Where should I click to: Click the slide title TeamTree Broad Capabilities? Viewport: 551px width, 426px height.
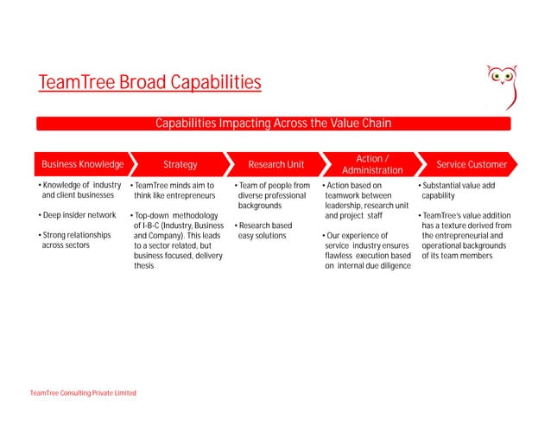pyautogui.click(x=149, y=83)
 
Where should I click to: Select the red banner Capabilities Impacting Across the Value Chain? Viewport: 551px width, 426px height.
pyautogui.click(x=273, y=124)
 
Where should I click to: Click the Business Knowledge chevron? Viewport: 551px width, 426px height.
pyautogui.click(x=83, y=164)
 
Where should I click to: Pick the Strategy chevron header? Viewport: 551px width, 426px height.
pyautogui.click(x=180, y=164)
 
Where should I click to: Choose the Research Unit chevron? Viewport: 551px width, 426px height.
pyautogui.click(x=275, y=164)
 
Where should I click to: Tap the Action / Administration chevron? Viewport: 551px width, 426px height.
pyautogui.click(x=371, y=164)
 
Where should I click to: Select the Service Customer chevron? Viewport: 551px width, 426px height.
pyautogui.click(x=471, y=164)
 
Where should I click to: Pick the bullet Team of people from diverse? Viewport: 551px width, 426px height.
pyautogui.click(x=273, y=195)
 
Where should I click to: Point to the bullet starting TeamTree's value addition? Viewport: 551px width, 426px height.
pyautogui.click(x=465, y=236)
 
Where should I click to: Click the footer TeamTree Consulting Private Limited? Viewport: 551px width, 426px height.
pyautogui.click(x=83, y=393)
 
